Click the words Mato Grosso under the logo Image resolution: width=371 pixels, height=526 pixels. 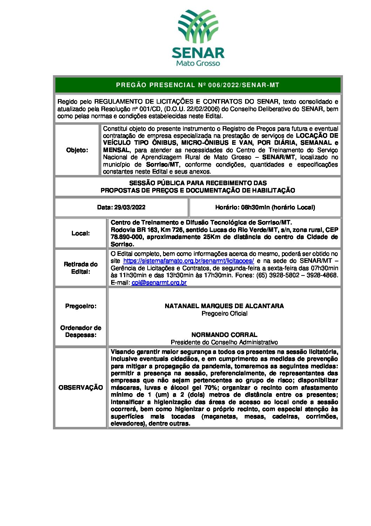tap(198, 63)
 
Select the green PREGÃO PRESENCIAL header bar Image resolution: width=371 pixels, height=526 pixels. tap(198, 85)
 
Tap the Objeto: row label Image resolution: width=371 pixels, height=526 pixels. tap(77, 150)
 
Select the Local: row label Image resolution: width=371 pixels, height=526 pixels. tap(81, 233)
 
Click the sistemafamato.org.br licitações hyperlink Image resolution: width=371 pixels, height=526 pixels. tap(189, 261)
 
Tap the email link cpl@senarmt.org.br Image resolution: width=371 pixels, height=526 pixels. tap(159, 283)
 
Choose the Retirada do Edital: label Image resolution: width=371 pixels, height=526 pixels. tap(81, 268)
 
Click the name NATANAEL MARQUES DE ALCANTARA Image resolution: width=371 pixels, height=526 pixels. tap(224, 306)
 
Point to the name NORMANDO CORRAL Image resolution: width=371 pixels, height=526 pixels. tap(224, 335)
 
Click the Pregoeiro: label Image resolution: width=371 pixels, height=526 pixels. tap(81, 306)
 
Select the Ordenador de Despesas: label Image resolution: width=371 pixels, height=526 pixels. tap(81, 331)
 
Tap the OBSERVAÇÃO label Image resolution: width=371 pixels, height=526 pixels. tap(81, 388)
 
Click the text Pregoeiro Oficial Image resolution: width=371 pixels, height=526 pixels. tap(224, 313)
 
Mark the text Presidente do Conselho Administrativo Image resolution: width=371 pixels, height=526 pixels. tap(224, 342)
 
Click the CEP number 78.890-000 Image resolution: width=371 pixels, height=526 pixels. tap(125, 237)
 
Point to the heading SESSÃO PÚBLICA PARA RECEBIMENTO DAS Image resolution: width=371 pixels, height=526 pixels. tap(198, 183)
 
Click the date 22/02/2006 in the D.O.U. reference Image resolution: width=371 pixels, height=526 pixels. tap(203, 109)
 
